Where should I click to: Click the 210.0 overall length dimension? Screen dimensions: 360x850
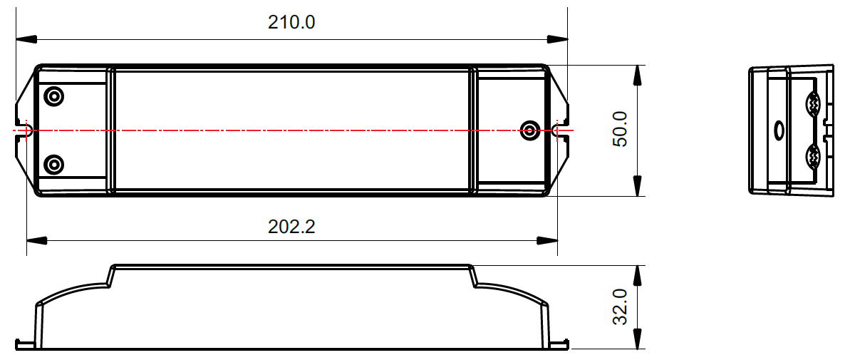[291, 22]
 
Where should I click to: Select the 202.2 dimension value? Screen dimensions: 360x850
[291, 227]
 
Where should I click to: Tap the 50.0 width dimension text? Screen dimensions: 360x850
[620, 129]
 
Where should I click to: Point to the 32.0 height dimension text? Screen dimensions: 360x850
[620, 307]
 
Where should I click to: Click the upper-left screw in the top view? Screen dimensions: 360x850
[53, 96]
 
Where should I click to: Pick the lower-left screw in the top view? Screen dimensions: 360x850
[53, 165]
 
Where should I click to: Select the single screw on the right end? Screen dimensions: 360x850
[529, 130]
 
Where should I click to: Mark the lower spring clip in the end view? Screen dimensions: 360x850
[813, 155]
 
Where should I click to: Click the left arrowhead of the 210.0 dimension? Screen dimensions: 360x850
[23, 39]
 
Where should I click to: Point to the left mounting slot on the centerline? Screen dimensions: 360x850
[26, 130]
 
